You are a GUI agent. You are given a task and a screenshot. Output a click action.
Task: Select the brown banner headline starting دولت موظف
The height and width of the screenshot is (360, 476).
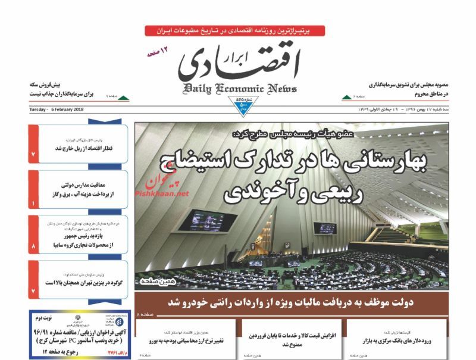291,302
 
